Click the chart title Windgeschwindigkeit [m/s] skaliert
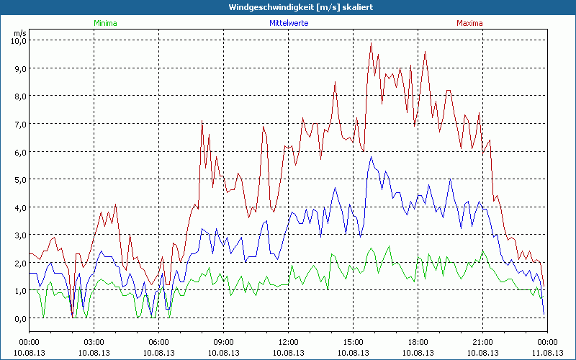288,6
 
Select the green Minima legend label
104,23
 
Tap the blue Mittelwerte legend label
288,23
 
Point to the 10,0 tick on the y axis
17,40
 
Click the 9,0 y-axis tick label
17,68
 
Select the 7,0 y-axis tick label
17,124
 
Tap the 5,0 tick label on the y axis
17,179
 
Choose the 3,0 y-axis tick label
17,235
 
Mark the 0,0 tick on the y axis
17,318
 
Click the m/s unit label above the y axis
19,33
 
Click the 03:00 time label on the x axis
94,342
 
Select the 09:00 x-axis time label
224,342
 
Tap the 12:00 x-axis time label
289,342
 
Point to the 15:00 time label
354,342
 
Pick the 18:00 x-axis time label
418,342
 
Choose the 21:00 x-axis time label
483,342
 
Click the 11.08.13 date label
548,352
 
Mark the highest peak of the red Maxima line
372,44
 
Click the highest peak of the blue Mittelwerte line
372,157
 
